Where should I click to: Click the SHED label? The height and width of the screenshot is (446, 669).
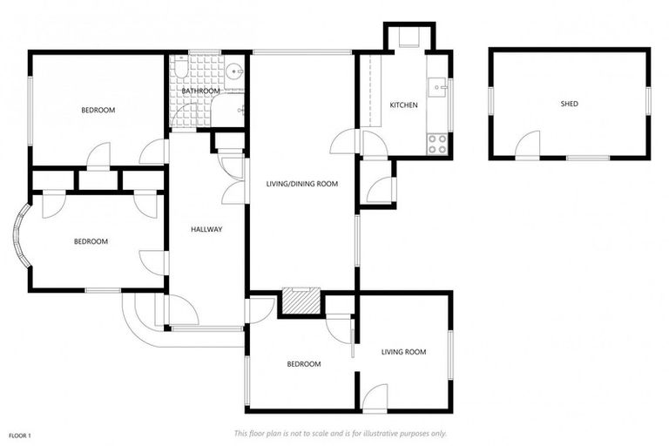pos(569,104)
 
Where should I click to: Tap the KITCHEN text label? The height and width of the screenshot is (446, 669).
pos(403,105)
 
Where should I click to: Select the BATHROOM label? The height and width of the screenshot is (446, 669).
pos(199,91)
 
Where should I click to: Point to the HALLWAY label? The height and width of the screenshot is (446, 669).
pos(207,230)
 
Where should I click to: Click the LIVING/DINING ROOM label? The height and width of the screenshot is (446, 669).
pos(301,184)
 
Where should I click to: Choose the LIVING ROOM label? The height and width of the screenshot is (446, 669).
pos(403,352)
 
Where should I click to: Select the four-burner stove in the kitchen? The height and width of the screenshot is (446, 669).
pos(436,144)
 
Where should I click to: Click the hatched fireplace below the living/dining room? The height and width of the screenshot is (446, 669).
pos(301,300)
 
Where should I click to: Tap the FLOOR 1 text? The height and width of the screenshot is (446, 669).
pos(20,435)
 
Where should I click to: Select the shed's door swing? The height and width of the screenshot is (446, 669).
pos(528,145)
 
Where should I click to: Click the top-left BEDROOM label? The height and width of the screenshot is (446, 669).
pos(98,110)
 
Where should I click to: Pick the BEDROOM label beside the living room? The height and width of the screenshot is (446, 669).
pos(304,364)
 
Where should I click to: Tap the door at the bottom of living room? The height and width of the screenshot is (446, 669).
pos(375,399)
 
